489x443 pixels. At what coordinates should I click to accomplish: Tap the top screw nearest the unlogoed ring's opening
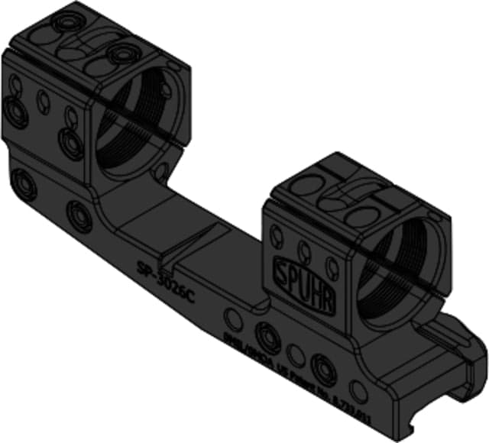coord(120,54)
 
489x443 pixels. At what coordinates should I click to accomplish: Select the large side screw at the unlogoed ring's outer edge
coord(15,111)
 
